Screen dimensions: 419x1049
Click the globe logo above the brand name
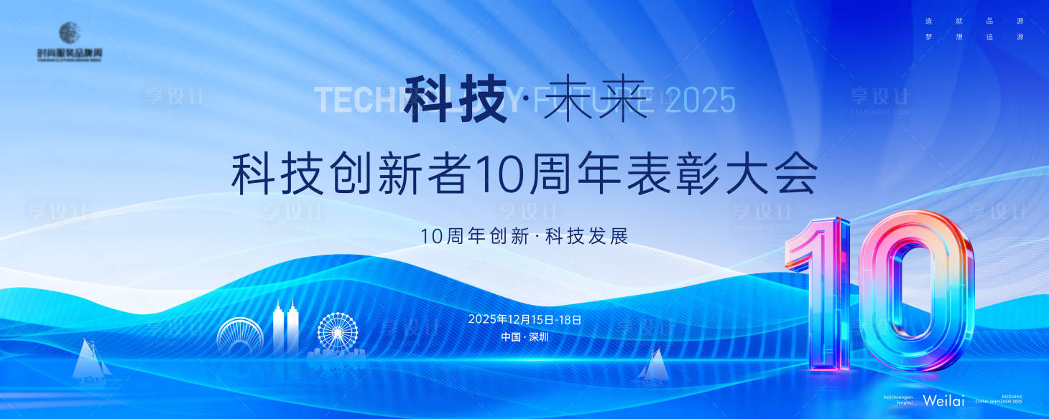70,33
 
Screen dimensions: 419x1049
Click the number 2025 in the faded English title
701,100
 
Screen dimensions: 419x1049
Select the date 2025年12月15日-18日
524,319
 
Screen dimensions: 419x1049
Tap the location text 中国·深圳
524,336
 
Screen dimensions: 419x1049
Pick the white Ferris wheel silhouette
338,332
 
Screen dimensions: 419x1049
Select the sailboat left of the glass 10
655,365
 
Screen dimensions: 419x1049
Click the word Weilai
943,400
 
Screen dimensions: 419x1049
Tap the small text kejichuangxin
900,396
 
